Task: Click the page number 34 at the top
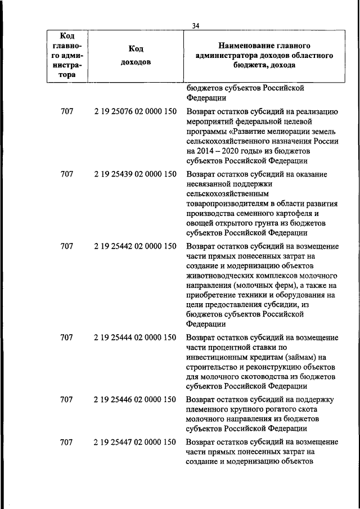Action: pos(196,25)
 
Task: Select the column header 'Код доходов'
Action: pos(136,55)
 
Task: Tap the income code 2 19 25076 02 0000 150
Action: pos(136,111)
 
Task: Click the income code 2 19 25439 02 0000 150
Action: pos(136,174)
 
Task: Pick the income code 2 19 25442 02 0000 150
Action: pos(136,246)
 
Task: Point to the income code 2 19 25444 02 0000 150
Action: pos(136,337)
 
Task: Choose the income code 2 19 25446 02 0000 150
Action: pos(136,399)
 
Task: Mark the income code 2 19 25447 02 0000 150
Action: pos(136,443)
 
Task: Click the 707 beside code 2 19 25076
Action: pos(67,111)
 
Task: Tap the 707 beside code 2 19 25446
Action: pos(67,399)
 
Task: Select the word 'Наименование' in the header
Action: pos(248,45)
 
